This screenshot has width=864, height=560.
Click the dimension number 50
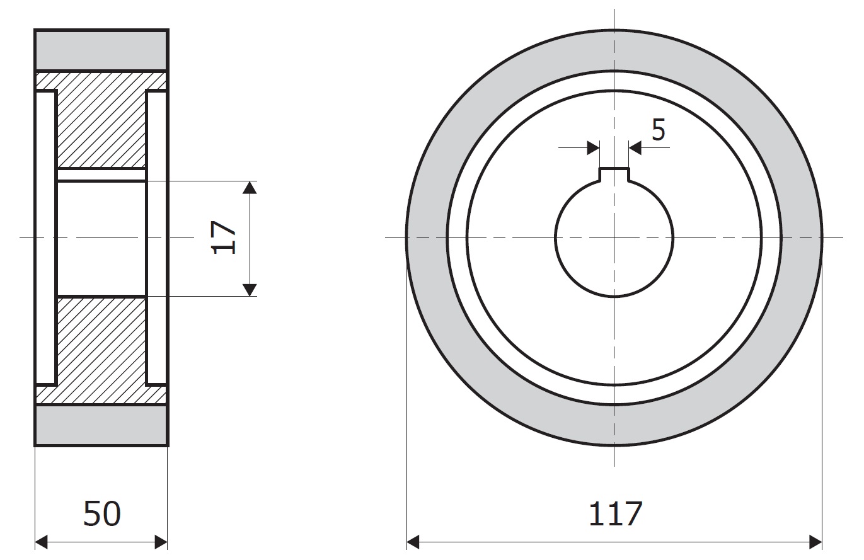(x=102, y=513)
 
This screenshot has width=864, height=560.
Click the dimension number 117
(x=615, y=513)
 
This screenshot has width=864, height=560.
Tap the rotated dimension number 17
(x=224, y=237)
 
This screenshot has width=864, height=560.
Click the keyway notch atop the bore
(x=614, y=174)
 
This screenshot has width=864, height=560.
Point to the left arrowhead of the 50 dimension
(x=41, y=542)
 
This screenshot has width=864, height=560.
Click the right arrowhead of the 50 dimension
(x=161, y=542)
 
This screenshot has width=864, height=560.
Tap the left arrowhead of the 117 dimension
(x=413, y=542)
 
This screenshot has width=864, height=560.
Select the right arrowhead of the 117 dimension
(x=815, y=542)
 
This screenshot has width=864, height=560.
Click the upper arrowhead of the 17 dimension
(x=250, y=188)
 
